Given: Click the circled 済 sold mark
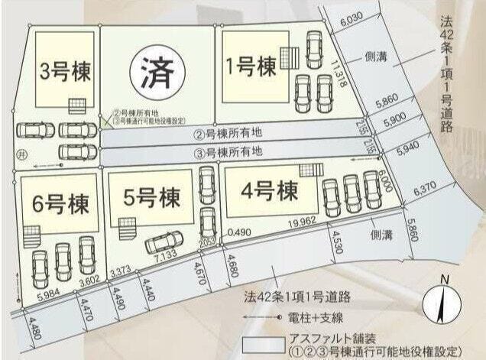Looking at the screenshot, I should click(155, 73).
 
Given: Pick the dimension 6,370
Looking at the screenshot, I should click(424, 187).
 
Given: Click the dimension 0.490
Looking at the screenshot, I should click(239, 230).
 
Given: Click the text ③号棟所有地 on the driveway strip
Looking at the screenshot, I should click(228, 151).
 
